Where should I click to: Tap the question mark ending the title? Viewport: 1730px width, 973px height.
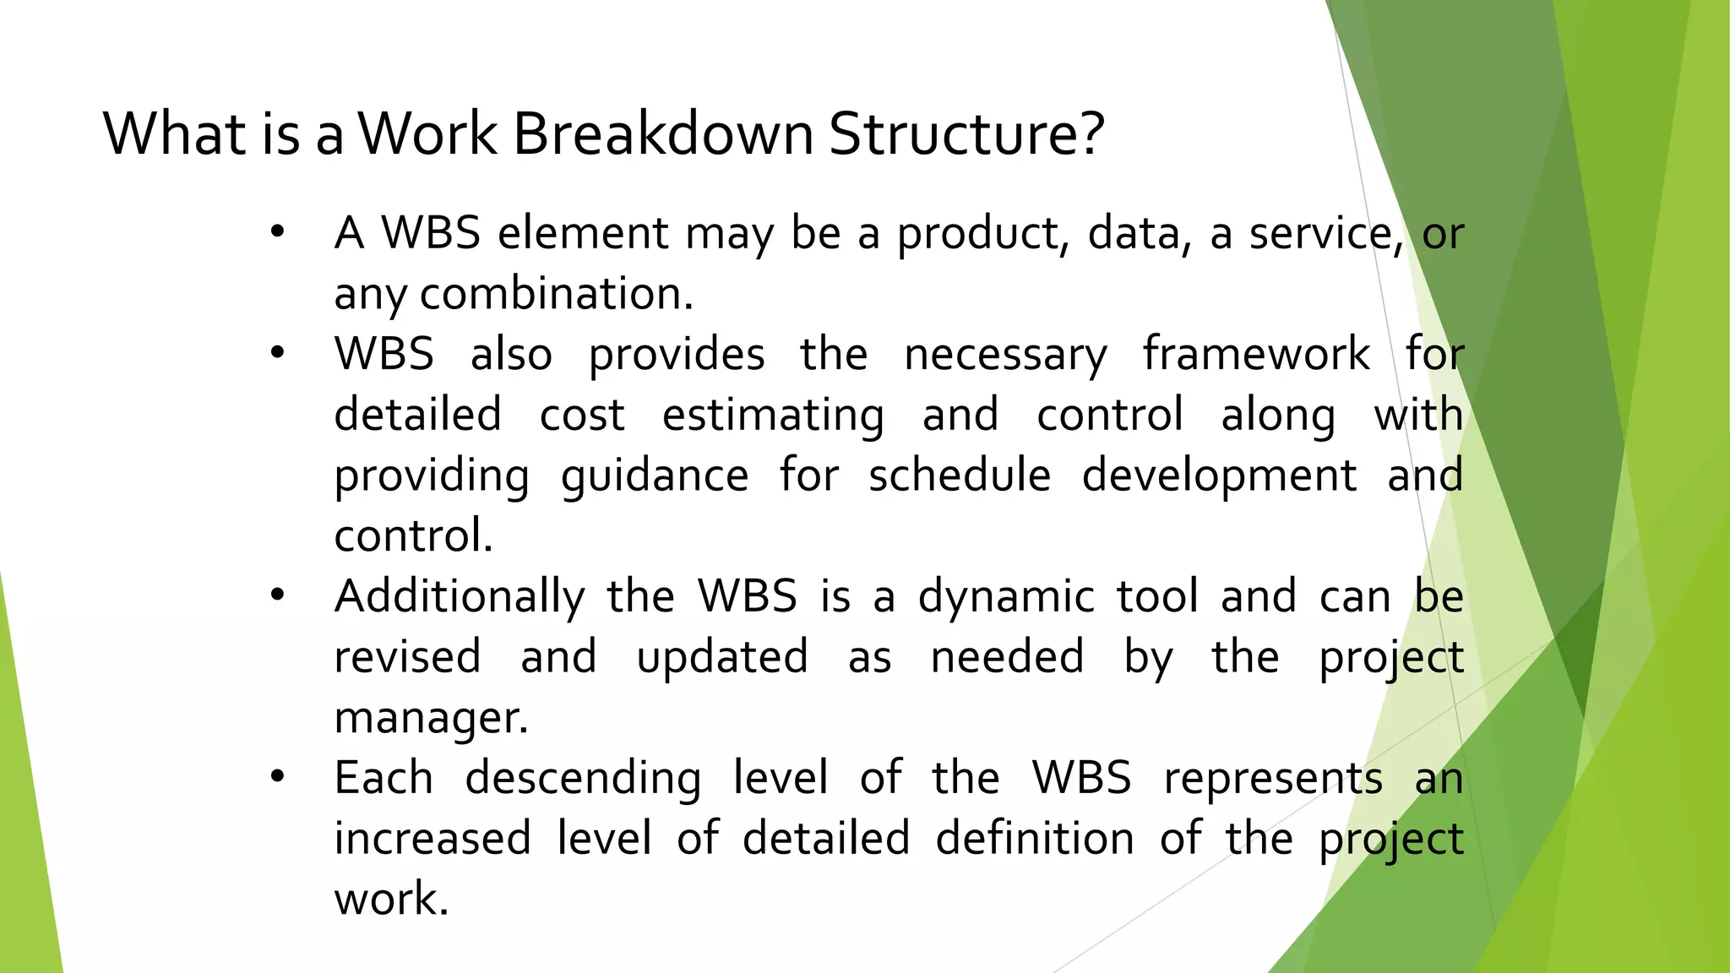click(1091, 133)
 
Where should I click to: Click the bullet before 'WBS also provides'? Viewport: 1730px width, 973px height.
click(277, 353)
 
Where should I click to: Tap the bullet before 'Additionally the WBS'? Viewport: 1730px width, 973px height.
click(277, 595)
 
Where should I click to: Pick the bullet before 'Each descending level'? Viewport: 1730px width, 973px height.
click(277, 777)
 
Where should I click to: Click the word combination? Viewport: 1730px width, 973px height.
click(555, 294)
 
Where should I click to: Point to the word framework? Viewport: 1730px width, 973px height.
click(1255, 353)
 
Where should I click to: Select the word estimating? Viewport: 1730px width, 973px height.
click(773, 416)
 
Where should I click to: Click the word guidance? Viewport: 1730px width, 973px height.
click(655, 476)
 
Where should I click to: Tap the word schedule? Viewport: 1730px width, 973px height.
click(960, 475)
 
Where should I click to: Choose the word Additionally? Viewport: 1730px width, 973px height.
click(460, 597)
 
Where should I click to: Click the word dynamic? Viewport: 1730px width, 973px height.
click(1006, 597)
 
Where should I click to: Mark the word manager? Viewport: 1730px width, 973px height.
click(430, 719)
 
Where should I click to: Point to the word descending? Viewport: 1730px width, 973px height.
click(583, 779)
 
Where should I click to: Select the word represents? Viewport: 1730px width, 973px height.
click(1273, 779)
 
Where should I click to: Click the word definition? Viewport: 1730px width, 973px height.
click(1034, 839)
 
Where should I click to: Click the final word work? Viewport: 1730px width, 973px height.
click(390, 899)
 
